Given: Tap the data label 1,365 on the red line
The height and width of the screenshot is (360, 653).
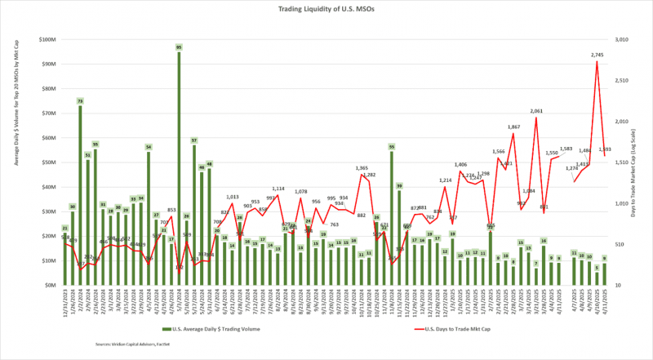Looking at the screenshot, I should coord(362,168).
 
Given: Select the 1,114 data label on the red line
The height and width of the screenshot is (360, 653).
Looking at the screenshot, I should coord(278,189).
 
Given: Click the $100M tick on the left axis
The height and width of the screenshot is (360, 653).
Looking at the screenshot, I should coord(47,39).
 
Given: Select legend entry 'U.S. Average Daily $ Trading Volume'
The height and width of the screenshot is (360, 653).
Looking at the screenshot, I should coord(208,329).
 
